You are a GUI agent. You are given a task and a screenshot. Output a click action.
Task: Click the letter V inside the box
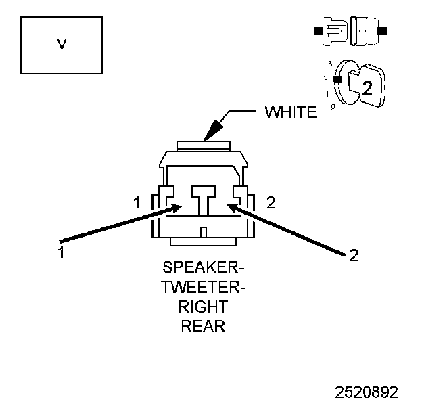(62, 45)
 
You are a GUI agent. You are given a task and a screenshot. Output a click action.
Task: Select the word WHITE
(290, 112)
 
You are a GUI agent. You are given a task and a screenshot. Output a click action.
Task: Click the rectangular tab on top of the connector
(203, 145)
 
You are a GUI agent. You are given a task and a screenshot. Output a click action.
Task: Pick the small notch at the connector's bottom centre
(203, 232)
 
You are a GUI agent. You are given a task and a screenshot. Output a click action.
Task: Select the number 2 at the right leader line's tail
(353, 255)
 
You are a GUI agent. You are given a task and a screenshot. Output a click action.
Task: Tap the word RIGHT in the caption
(203, 309)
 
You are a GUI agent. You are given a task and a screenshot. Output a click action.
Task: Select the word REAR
(203, 327)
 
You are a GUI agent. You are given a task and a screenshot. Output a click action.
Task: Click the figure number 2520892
(367, 392)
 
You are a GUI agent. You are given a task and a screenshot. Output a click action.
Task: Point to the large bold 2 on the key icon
(367, 87)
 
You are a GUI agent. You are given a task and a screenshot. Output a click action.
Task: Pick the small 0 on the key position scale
(331, 106)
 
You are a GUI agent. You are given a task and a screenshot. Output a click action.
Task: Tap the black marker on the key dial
(336, 78)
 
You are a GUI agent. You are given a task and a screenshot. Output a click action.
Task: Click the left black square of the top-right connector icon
(316, 30)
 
